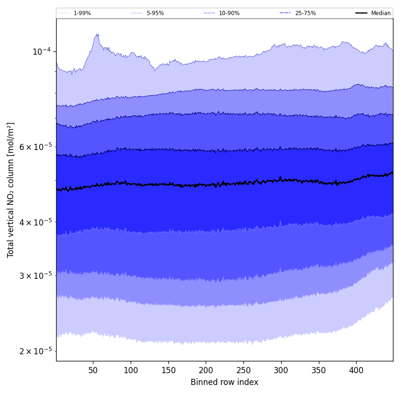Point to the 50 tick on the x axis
[x=93, y=370]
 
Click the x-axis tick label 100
[x=131, y=370]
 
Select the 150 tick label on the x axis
[x=168, y=370]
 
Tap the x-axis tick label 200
[x=206, y=370]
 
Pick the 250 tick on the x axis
[x=243, y=370]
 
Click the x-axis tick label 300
[x=281, y=370]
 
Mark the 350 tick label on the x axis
[x=319, y=370]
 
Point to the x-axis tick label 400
[x=356, y=370]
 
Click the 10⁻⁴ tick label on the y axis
[x=42, y=51]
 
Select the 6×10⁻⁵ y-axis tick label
[x=36, y=147]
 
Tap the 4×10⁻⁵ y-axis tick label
[x=36, y=222]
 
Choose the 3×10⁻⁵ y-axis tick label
[x=36, y=276]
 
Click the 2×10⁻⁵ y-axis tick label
[x=36, y=351]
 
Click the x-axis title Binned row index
[x=225, y=382]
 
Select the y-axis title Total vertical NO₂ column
[x=11, y=190]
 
